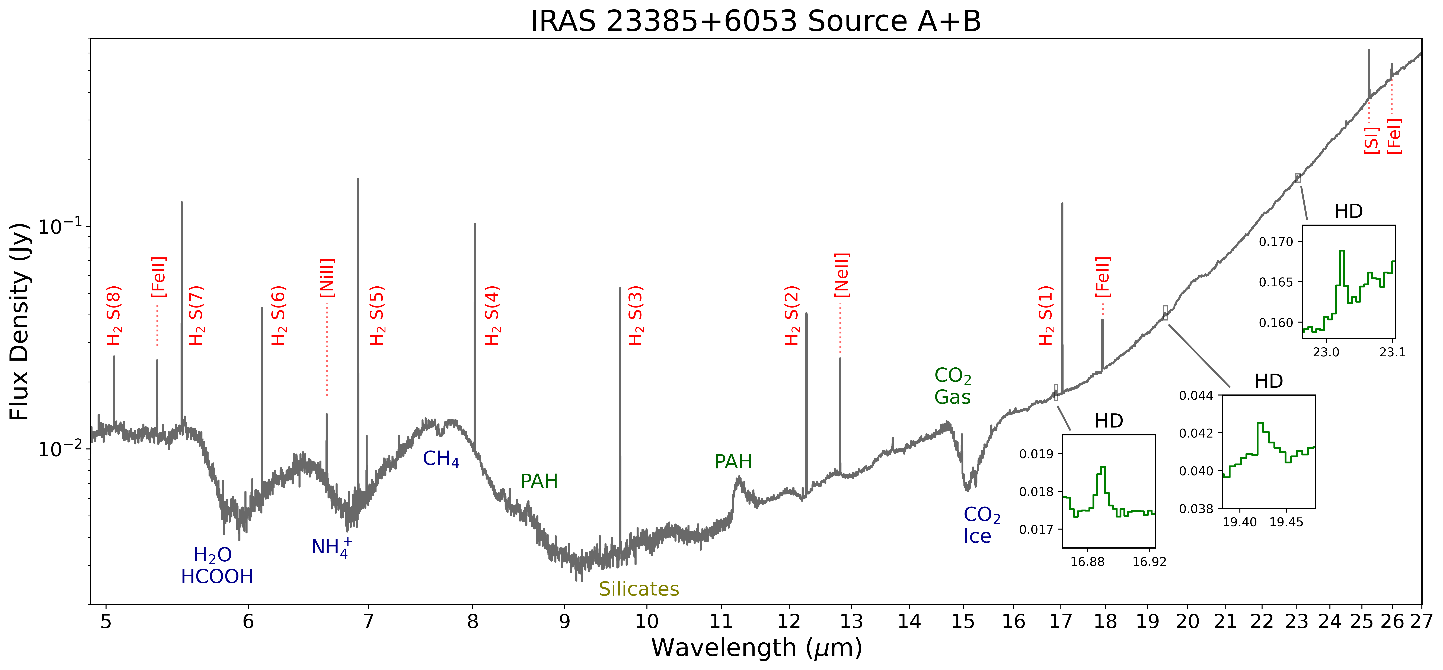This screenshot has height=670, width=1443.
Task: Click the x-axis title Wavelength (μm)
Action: (x=756, y=648)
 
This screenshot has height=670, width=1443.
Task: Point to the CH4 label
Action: (x=441, y=459)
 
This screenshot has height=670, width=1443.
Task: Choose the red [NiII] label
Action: (x=327, y=278)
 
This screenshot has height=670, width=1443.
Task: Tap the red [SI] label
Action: (x=1371, y=140)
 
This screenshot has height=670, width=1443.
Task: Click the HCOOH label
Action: (x=217, y=577)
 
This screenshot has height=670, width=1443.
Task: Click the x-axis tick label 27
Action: (x=1421, y=621)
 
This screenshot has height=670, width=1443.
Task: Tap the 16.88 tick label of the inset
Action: (x=1087, y=562)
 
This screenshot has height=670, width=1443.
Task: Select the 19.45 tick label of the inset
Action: (x=1286, y=522)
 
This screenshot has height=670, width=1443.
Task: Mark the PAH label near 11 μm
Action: (x=733, y=462)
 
